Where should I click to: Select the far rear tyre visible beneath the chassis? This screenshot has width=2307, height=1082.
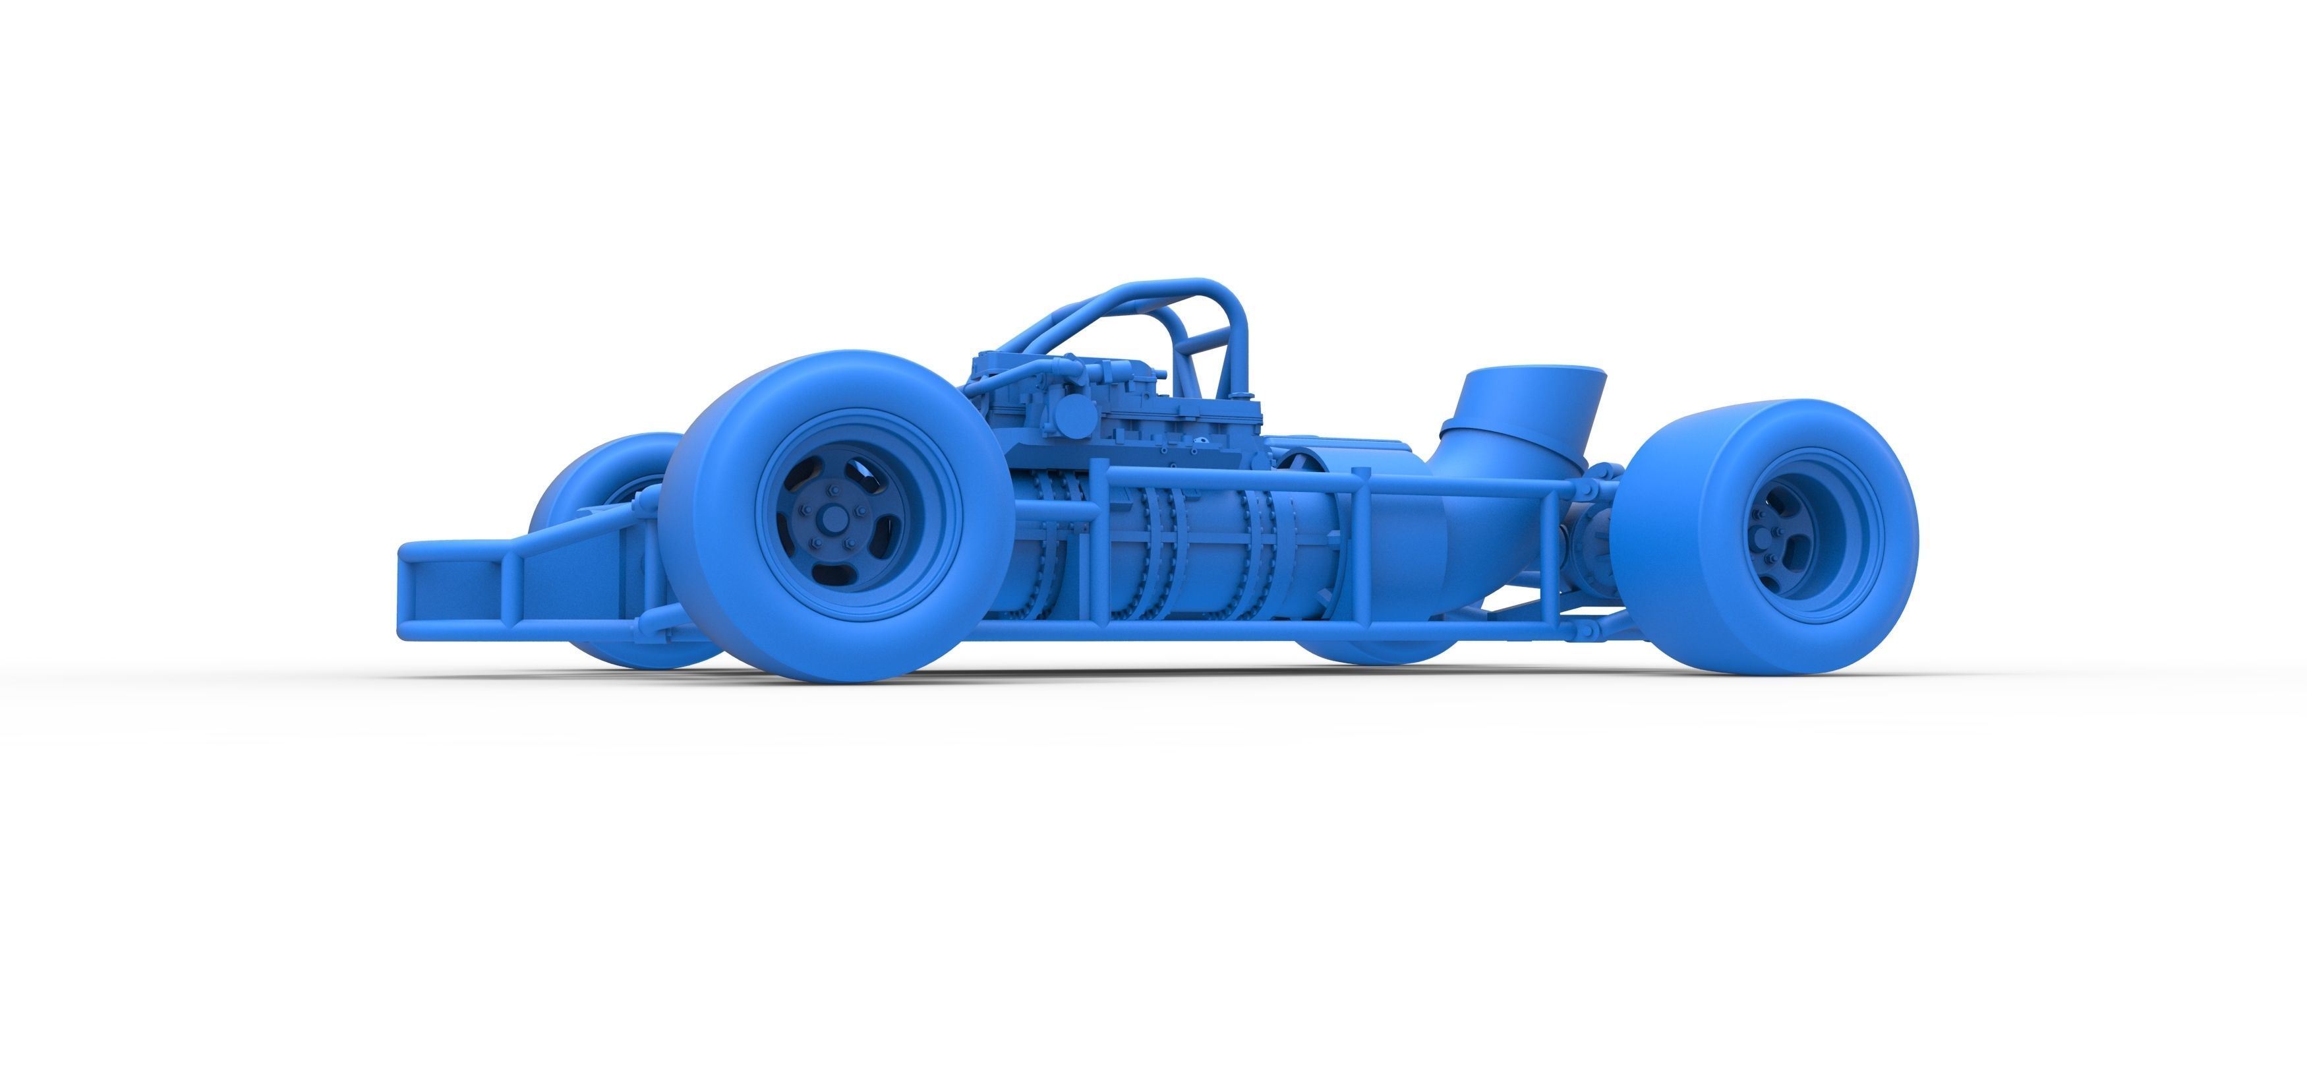1375,649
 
